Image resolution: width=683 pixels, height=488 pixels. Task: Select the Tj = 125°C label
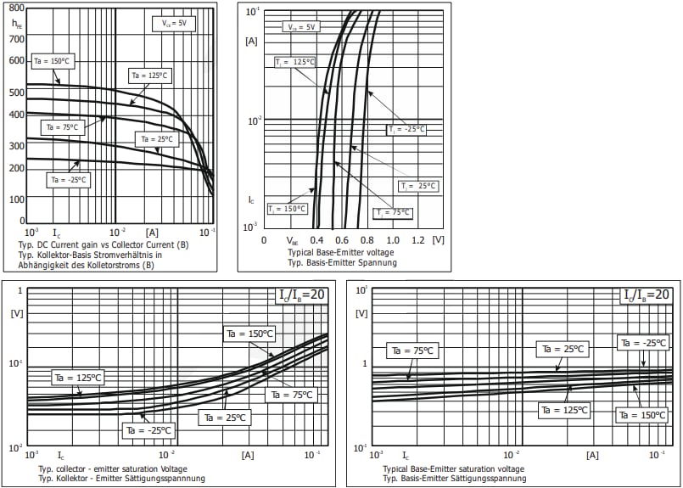294,63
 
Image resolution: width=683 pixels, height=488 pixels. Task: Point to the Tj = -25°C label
406,130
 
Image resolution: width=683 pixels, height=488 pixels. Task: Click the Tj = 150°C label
287,208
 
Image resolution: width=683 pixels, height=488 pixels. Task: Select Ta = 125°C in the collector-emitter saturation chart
77,378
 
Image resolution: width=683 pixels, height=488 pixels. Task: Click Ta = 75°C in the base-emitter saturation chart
411,350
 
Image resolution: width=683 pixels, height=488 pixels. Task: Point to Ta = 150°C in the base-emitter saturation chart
643,414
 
